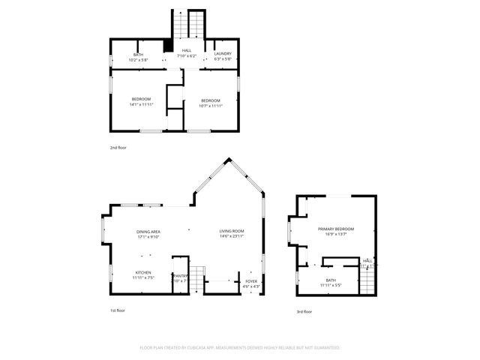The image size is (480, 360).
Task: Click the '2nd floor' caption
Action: point(118,148)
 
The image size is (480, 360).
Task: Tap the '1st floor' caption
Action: point(118,310)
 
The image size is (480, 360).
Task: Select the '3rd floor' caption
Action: point(304,312)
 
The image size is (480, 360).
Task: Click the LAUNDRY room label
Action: point(223,53)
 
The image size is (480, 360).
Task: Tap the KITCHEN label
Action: point(143,272)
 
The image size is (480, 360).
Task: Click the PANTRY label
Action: point(180,275)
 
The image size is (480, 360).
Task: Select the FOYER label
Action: point(251,281)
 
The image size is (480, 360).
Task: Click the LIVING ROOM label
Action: point(232,231)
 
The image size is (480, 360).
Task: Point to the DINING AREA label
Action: point(148,232)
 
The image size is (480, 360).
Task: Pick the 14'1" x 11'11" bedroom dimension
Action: point(142,104)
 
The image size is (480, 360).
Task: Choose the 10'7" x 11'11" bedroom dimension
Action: point(210,105)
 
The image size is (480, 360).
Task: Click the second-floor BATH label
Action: point(138,54)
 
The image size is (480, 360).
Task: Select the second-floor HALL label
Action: point(186,50)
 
